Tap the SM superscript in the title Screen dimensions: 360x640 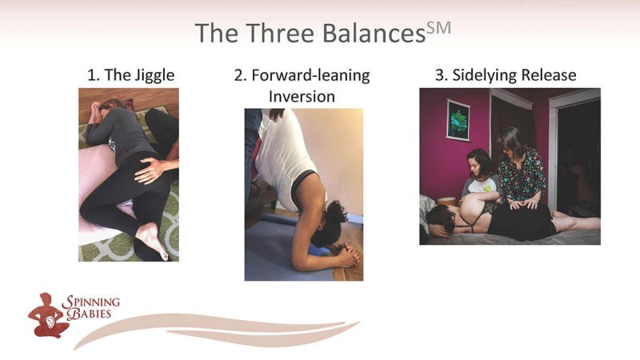(440, 27)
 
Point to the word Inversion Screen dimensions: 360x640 (303, 97)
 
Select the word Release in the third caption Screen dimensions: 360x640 (549, 76)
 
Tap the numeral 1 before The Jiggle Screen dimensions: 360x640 (91, 76)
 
